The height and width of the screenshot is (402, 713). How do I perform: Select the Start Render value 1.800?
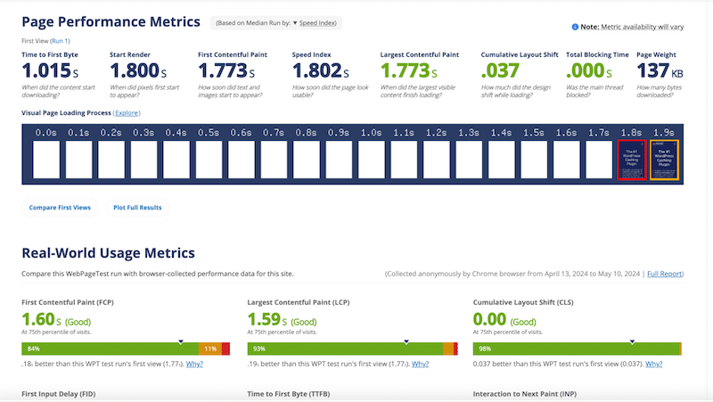point(135,70)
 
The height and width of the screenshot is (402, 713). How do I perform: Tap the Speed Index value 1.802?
point(318,70)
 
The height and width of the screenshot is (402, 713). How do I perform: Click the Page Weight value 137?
point(653,70)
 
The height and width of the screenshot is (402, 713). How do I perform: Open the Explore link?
point(127,113)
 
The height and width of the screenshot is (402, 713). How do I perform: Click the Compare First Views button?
point(60,207)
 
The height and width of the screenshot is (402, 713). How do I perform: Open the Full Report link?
point(665,273)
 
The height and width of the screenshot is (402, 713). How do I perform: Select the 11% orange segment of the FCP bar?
point(210,348)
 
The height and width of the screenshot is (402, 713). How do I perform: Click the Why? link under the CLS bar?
point(653,364)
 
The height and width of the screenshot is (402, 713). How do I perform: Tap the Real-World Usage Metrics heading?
point(108,254)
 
